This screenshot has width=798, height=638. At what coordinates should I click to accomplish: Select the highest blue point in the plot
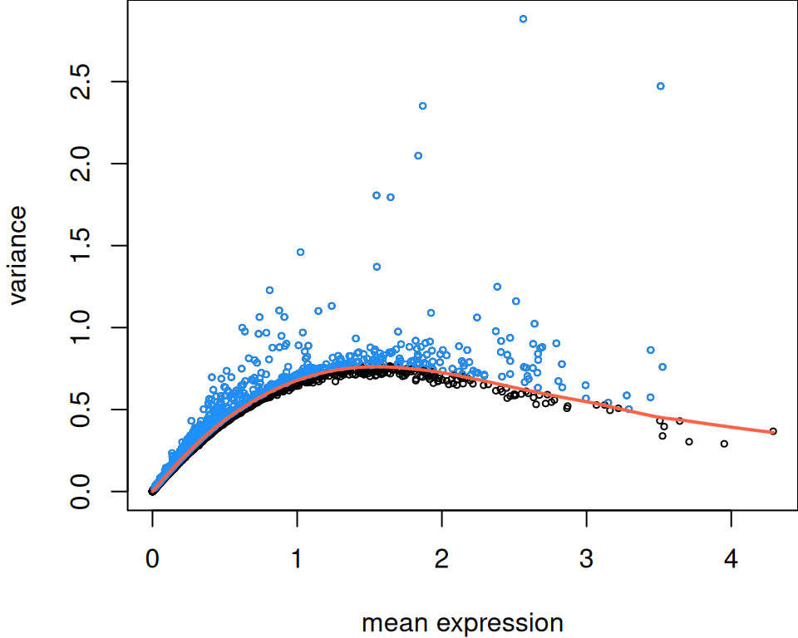pos(523,18)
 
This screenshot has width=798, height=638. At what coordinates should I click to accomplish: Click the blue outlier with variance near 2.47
pos(660,86)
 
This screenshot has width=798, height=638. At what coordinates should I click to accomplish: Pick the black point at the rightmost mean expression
pos(773,431)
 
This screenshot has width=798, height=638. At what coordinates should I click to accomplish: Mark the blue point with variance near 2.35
pos(422,106)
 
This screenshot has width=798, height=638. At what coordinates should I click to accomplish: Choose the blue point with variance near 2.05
pos(418,155)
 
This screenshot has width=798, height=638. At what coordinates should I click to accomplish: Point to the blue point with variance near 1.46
pos(300,252)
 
